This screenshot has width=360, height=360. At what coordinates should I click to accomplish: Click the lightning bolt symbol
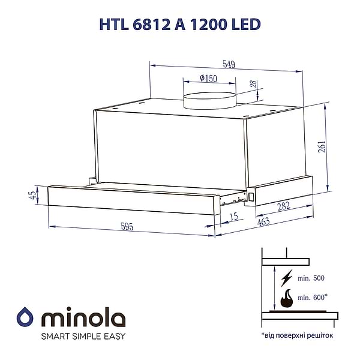pos(286,277)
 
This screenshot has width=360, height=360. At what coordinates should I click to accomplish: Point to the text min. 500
pos(310,278)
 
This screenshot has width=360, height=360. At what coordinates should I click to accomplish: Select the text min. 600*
pos(312,297)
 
